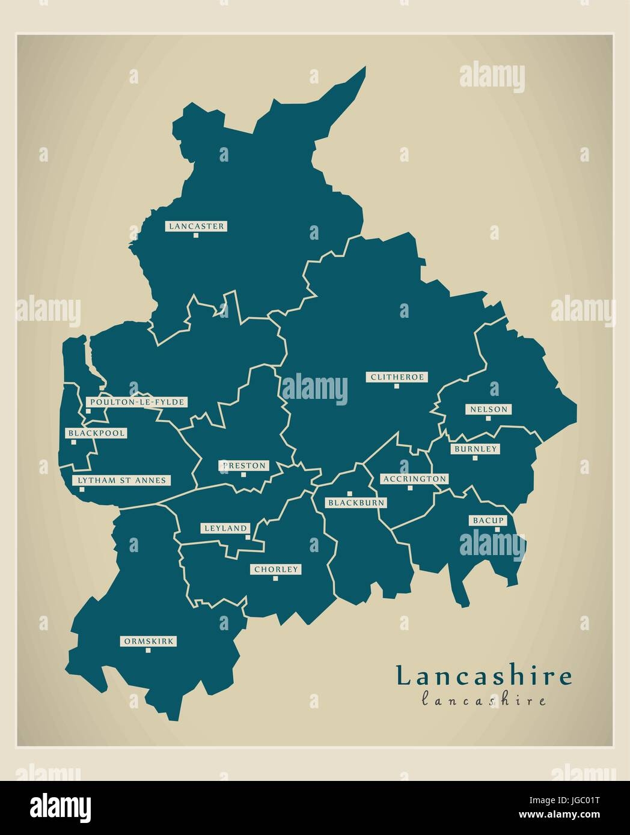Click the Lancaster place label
point(196,226)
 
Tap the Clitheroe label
point(397,377)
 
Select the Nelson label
point(489,410)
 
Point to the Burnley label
point(476,449)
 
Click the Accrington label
point(414,479)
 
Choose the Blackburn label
point(355,503)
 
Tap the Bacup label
point(488,520)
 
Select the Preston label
point(243,466)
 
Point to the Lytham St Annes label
point(121,481)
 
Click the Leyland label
point(225,528)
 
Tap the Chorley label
point(276,569)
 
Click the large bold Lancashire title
point(484,676)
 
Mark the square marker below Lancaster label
point(196,235)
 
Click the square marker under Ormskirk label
point(148,651)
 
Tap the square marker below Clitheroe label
point(397,386)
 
